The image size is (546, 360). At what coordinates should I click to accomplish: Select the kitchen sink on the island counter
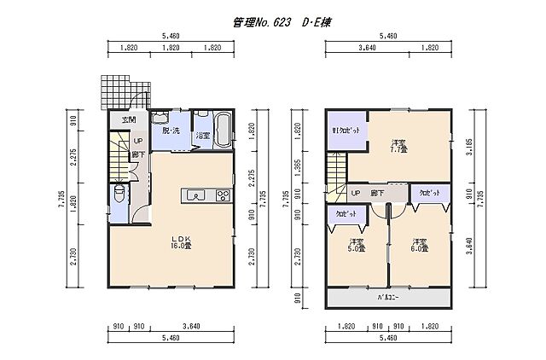(x=194, y=195)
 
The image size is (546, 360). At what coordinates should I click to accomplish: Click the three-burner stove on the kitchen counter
(x=223, y=195)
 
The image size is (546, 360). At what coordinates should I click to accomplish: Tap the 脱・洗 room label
(x=171, y=131)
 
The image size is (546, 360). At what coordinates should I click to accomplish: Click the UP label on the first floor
(x=136, y=140)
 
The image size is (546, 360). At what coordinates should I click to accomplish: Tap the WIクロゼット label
(x=346, y=132)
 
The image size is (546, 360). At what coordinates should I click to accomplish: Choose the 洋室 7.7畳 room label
(x=398, y=145)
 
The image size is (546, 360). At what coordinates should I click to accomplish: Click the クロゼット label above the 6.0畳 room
(x=429, y=195)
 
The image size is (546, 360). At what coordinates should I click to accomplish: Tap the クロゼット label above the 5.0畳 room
(x=346, y=215)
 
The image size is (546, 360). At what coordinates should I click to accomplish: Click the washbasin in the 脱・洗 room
(x=159, y=117)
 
